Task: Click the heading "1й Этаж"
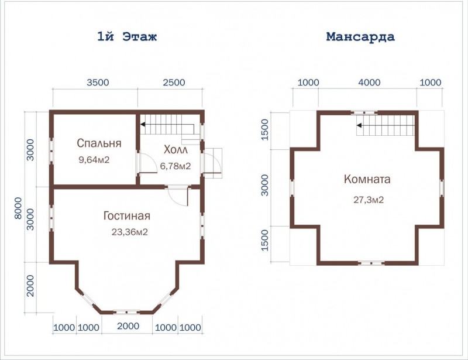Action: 127,37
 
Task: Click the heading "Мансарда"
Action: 360,37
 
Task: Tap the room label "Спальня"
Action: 99,143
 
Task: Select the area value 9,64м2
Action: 94,160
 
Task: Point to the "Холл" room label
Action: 175,149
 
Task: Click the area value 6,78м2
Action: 175,166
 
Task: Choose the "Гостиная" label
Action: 127,215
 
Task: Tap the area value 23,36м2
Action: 129,232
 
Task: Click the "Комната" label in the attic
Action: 367,179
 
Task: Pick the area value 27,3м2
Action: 369,200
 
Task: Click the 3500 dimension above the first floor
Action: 98,83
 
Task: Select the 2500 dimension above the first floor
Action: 174,83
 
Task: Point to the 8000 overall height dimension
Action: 19,208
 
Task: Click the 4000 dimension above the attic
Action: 369,83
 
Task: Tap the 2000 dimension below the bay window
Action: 128,326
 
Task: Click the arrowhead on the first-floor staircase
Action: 143,124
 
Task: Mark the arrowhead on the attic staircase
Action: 359,125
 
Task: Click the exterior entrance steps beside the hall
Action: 214,163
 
